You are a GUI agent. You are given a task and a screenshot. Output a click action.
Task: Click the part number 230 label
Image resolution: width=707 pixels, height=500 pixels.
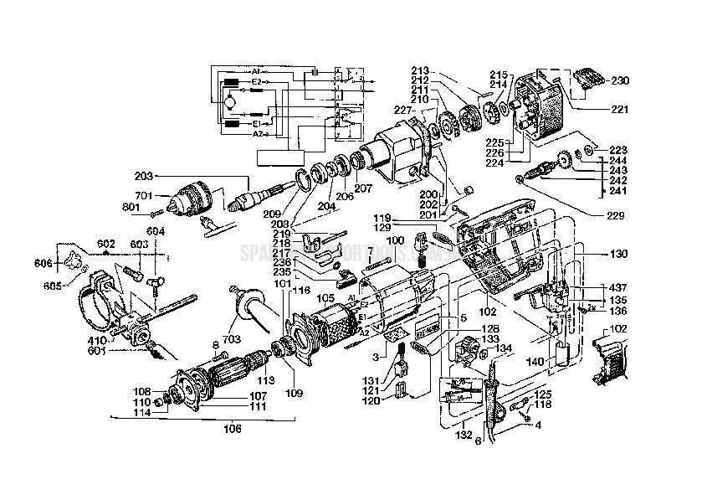coord(619,81)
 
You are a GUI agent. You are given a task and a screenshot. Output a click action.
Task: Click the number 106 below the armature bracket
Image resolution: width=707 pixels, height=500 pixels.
coord(233,429)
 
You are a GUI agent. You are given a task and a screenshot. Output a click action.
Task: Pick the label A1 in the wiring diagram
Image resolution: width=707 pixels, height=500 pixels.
coord(258,71)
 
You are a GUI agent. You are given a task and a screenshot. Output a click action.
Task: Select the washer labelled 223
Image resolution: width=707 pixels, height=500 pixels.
coord(591,150)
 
